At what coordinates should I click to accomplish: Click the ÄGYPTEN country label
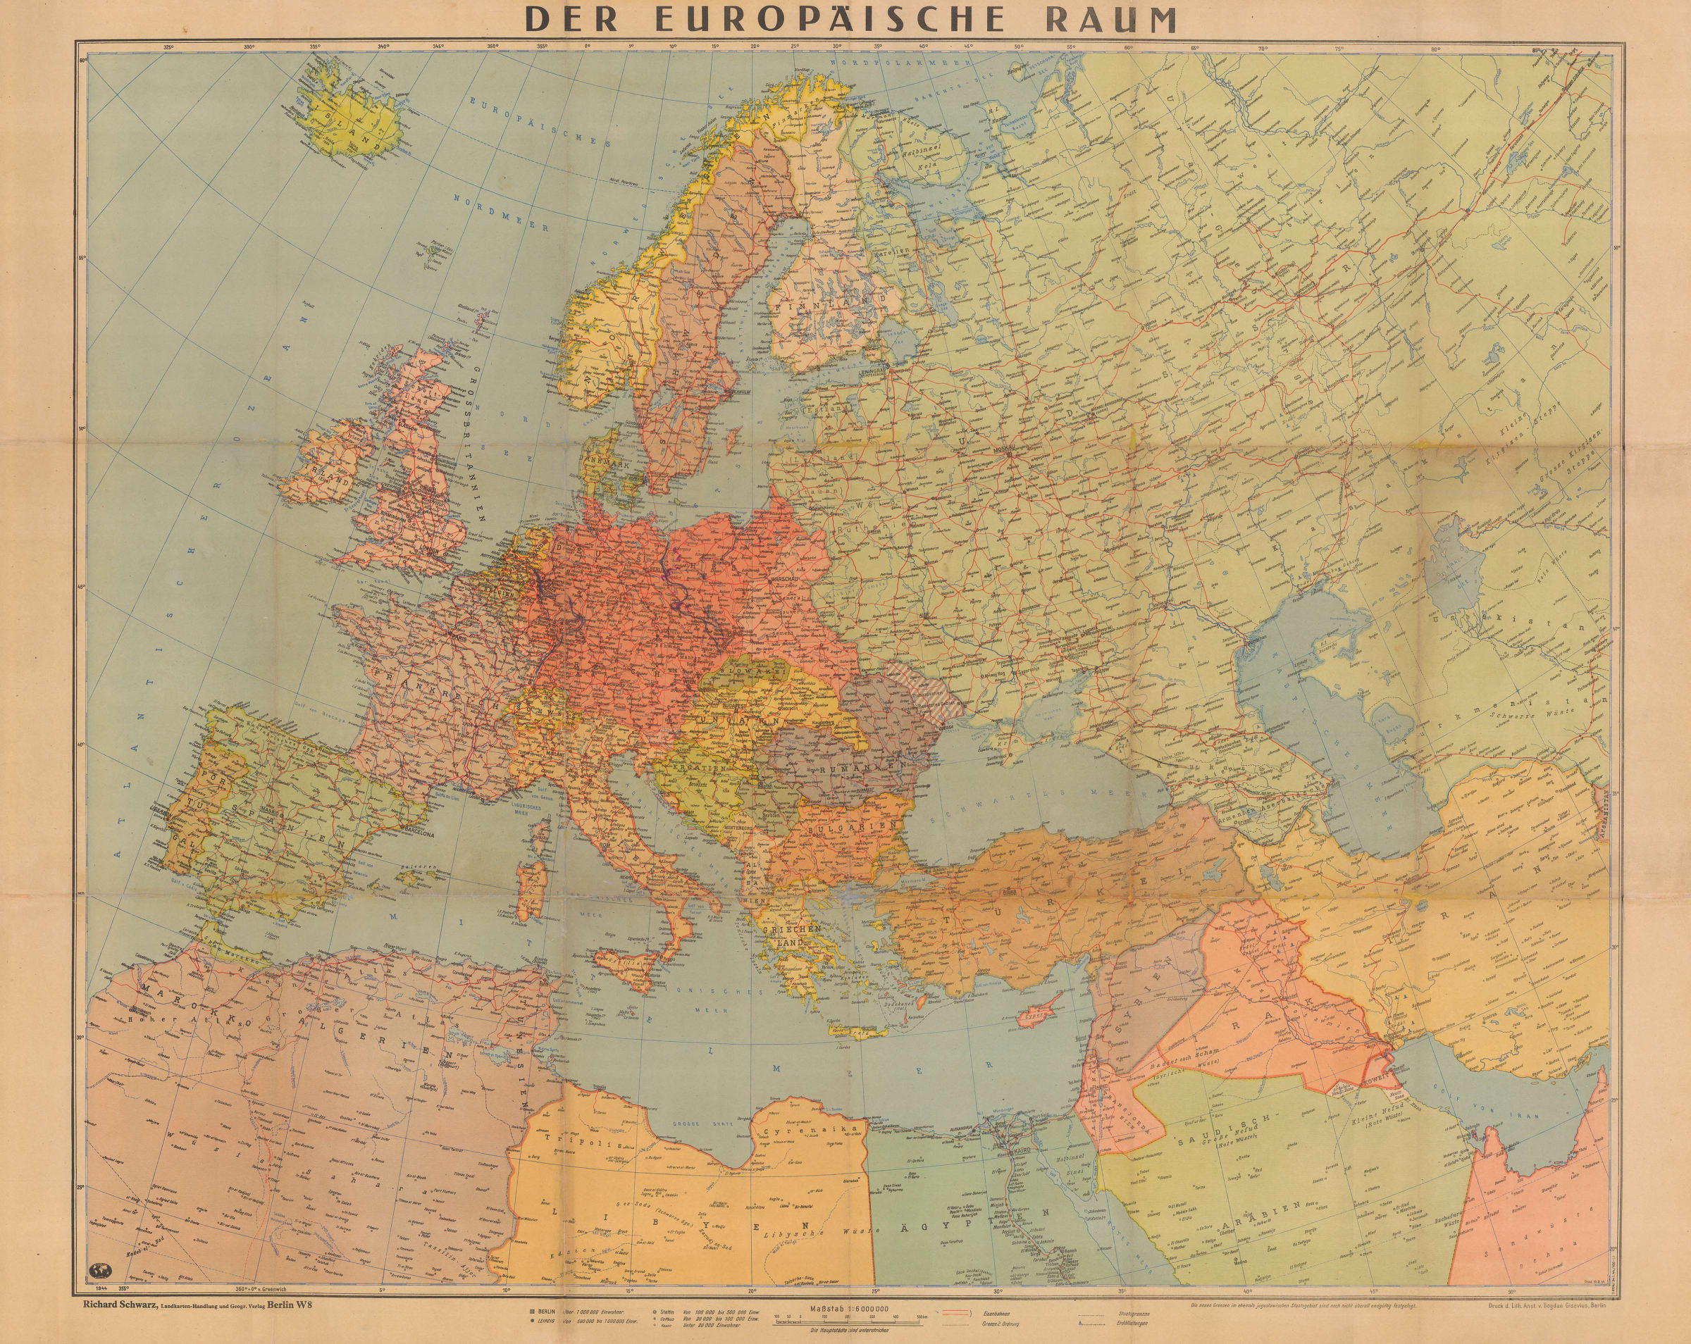[997, 1232]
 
